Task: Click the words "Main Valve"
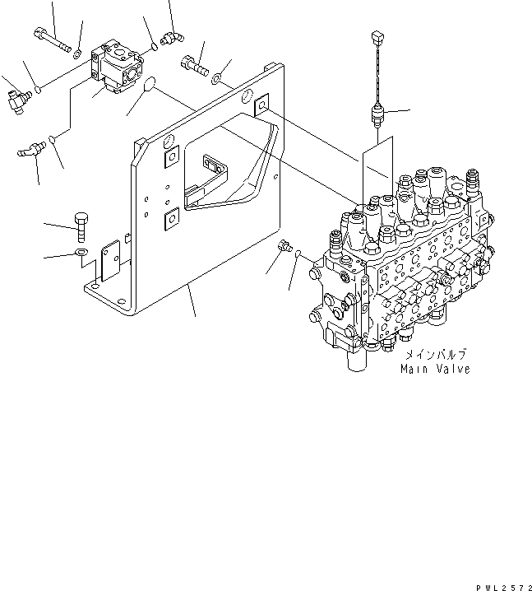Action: [x=435, y=370]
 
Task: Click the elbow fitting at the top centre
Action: [x=173, y=36]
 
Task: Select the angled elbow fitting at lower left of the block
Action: [x=31, y=149]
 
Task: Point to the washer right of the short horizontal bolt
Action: [x=215, y=79]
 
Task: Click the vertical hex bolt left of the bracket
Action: [x=82, y=223]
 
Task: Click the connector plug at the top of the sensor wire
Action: [x=377, y=37]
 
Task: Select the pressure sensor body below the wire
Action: [x=377, y=114]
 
